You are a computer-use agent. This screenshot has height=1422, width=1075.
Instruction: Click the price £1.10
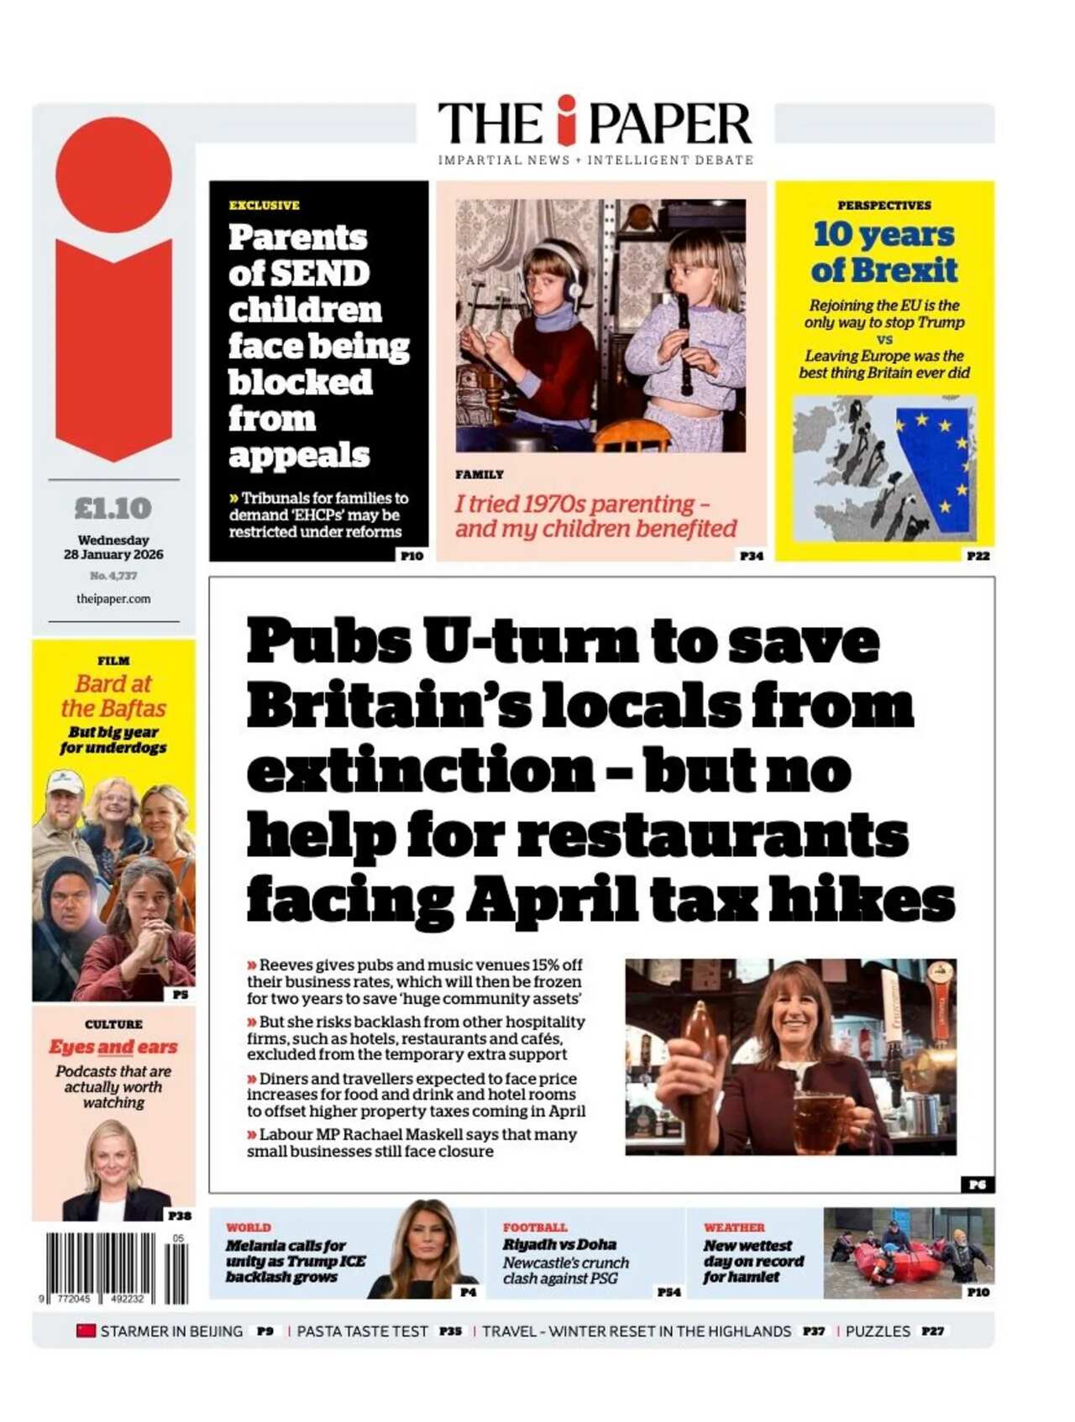[113, 509]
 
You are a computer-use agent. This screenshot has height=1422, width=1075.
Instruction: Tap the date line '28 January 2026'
[113, 555]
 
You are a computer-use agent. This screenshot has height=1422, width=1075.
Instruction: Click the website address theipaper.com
[113, 599]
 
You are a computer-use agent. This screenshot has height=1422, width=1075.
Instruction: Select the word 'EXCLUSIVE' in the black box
[265, 206]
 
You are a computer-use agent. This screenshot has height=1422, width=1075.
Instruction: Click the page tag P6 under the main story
[978, 1184]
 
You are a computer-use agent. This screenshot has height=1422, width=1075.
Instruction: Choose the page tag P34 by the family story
[751, 556]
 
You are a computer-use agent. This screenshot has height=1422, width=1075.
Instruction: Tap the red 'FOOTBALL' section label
[535, 1227]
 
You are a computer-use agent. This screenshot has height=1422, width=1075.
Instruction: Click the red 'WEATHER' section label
[734, 1227]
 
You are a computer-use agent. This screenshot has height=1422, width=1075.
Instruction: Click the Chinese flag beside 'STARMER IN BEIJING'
[86, 1331]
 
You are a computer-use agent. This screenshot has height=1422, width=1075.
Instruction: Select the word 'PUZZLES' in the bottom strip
[878, 1331]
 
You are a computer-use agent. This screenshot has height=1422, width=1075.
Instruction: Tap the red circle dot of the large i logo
[113, 175]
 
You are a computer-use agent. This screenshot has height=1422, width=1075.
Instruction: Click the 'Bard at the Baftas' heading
[113, 696]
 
